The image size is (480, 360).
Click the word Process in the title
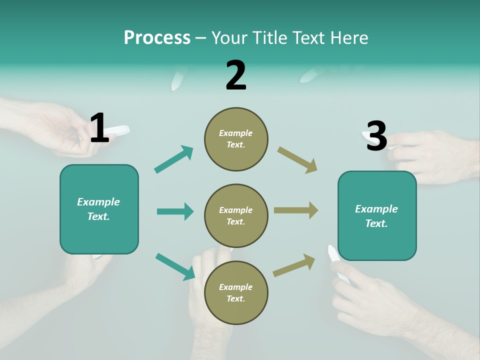point(157,37)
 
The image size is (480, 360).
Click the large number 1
point(99,128)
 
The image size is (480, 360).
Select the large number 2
point(235,75)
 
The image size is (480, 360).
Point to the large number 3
point(376,136)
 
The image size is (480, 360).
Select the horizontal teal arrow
point(175,211)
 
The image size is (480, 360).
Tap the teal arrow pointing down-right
point(175,266)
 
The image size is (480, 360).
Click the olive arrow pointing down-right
point(297,160)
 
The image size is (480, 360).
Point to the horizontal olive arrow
point(296,210)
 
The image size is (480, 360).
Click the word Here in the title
point(348,37)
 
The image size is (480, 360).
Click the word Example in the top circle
point(235,133)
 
